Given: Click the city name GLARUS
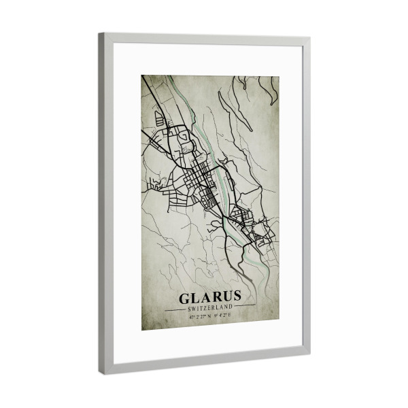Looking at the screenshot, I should coord(210,297).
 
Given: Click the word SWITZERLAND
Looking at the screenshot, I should coord(210,307).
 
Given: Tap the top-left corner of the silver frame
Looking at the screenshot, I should coord(101,34).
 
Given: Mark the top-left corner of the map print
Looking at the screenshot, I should coord(142,75).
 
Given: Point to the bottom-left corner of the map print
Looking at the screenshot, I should coord(142,330).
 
